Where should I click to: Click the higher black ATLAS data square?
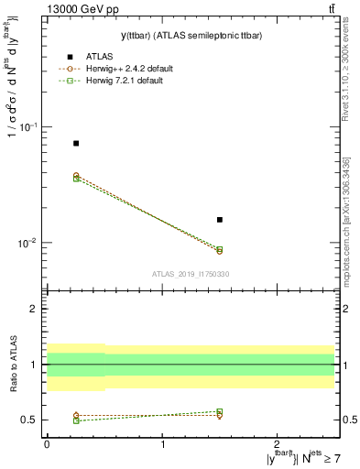pos(76,143)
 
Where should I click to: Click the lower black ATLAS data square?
pos(220,220)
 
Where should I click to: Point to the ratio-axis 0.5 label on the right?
pos(350,420)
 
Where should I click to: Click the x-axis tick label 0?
pos(47,443)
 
